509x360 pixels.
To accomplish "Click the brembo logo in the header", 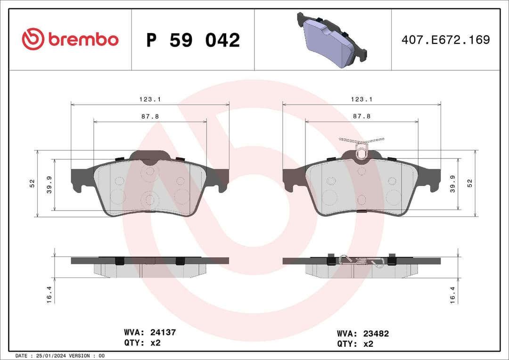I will coord(70,40).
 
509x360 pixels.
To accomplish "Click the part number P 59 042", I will coord(193,40).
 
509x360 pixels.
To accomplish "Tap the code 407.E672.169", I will coord(445,40).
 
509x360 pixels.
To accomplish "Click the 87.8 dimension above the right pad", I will coord(361,115).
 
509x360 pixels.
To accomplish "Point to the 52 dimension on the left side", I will coord(32,183).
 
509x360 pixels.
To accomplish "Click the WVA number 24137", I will coord(163,332).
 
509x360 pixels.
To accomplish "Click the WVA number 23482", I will coord(376,334).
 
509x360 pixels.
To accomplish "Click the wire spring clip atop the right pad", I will coord(361,146).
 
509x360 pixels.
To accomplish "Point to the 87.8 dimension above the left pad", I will coord(150,115).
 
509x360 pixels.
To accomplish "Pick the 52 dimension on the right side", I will coord(469,183).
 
